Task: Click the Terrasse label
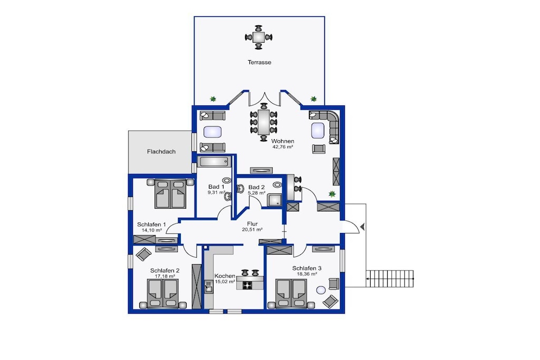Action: [x=259, y=62]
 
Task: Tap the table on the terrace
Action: [x=258, y=37]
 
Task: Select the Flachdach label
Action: [x=161, y=151]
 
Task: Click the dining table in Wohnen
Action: [x=264, y=122]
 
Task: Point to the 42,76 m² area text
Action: [x=283, y=147]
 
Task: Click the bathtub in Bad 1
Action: [x=214, y=161]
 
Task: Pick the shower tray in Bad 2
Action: [x=275, y=200]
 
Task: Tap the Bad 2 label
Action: [x=257, y=187]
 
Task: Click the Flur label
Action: [x=253, y=224]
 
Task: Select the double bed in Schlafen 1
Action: [x=170, y=193]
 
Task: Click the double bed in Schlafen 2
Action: [x=163, y=293]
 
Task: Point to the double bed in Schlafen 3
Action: [x=291, y=293]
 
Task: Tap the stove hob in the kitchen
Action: [x=248, y=285]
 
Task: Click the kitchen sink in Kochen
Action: [x=208, y=287]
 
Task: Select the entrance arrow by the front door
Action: [x=362, y=227]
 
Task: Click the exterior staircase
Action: [x=390, y=278]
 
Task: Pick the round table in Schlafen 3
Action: [x=321, y=290]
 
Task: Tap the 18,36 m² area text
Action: [x=307, y=274]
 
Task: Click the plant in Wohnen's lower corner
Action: [x=332, y=194]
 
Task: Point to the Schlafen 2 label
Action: [x=165, y=271]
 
